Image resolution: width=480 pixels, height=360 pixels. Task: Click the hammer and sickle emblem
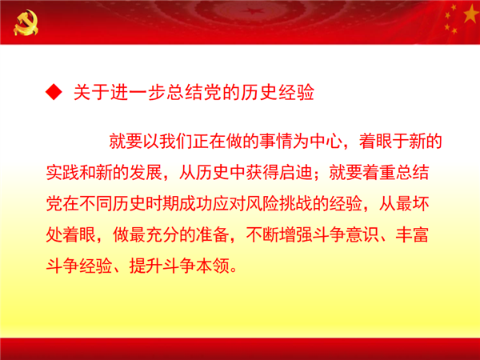(26, 22)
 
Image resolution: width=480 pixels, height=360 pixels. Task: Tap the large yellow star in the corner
(471, 14)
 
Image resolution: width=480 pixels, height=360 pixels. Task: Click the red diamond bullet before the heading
(54, 92)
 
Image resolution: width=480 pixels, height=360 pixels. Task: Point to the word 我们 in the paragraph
(176, 142)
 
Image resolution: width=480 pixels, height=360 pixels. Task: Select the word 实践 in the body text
(62, 173)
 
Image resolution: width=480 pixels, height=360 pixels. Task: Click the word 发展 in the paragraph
(146, 173)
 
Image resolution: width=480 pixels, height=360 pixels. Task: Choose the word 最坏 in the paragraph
(412, 204)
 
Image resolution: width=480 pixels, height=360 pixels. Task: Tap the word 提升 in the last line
(146, 266)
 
